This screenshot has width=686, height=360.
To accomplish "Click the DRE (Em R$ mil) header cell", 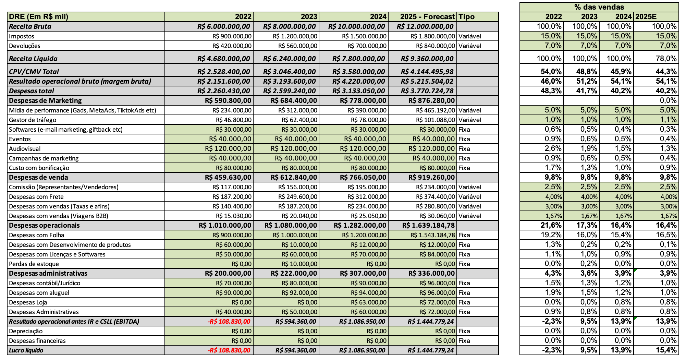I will coord(38,17).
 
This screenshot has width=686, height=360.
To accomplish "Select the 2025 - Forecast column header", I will coord(427,17).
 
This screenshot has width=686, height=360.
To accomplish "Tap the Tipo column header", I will coord(466,17).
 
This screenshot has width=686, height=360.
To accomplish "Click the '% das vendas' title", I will coord(599,7).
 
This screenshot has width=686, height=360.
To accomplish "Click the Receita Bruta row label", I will coord(30,26).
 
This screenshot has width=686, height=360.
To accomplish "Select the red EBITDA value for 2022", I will coord(229,322).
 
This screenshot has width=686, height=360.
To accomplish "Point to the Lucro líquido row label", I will coord(26,350).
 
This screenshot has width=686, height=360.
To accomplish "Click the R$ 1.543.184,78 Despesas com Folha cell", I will coord(432,235).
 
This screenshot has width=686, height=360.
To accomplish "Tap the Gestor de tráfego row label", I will coord(33,120).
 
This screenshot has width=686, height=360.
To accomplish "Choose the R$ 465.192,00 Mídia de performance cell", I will coord(435,110).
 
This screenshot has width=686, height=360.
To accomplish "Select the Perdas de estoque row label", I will coord(34,264).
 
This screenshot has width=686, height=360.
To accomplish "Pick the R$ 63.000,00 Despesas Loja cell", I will coord(368,302).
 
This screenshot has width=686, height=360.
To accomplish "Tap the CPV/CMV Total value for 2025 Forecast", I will coord(427,72).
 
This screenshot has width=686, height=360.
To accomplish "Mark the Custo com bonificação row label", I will coord(39,168).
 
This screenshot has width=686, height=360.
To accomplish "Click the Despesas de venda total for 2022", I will coord(228,178).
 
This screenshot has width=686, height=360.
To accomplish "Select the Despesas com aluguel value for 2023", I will coord(299,293).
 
